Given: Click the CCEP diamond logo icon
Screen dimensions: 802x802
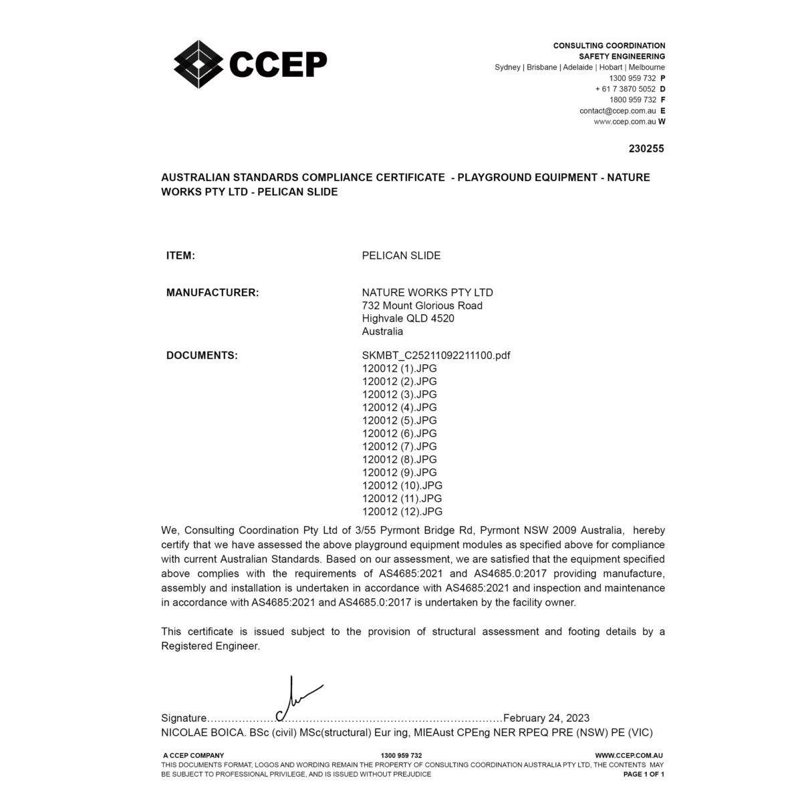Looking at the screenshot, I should pos(198,63).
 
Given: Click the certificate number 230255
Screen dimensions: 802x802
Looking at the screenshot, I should pos(646,149).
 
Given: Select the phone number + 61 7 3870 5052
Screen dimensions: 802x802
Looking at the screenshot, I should pos(626,89).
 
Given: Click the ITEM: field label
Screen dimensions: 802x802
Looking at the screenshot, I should pos(180,255).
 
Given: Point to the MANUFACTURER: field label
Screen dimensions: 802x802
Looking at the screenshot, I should pos(213,293).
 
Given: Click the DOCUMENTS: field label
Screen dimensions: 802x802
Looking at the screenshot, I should pos(202,356).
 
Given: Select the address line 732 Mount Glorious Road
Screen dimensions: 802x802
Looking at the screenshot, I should pos(422,305).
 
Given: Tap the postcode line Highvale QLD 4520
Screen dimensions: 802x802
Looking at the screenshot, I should pos(408,318).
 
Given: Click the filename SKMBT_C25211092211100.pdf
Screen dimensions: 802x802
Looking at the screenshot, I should pos(436,356).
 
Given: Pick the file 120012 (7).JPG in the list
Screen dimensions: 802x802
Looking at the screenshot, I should pos(399,446).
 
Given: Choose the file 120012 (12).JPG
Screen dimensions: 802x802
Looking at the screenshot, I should pos(402,512).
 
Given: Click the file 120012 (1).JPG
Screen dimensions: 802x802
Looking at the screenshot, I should pos(399,368).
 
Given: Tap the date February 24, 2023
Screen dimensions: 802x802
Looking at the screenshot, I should pos(546,718).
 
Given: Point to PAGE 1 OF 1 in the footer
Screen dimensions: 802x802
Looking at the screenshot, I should pos(644,774).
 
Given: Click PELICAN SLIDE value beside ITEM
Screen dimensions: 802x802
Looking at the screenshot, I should pos(401,255).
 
